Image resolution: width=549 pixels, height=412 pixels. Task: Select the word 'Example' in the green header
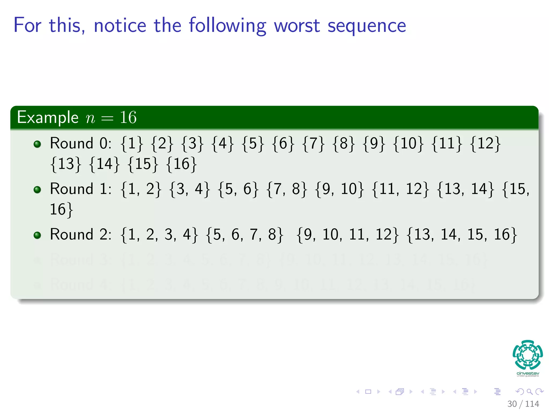48,117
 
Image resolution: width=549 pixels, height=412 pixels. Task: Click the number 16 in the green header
128,117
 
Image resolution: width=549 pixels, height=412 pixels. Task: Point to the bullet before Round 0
37,144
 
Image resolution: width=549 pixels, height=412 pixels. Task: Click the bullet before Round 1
37,190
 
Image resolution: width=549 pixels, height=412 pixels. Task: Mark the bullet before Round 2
37,235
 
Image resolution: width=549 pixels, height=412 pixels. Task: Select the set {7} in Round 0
313,143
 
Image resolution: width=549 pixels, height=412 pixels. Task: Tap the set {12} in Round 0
485,143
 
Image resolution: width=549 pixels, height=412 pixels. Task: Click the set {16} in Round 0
182,164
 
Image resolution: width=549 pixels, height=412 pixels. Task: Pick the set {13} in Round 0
66,164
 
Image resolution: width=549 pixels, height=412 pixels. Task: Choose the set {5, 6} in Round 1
238,189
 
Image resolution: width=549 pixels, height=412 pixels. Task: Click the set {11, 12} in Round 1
400,189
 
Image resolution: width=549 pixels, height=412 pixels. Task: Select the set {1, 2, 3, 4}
159,235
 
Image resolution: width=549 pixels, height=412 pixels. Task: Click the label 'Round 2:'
81,234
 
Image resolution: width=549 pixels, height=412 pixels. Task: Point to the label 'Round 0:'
81,143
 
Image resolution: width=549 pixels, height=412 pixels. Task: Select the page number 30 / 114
523,404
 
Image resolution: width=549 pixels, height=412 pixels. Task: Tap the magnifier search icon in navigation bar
529,392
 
